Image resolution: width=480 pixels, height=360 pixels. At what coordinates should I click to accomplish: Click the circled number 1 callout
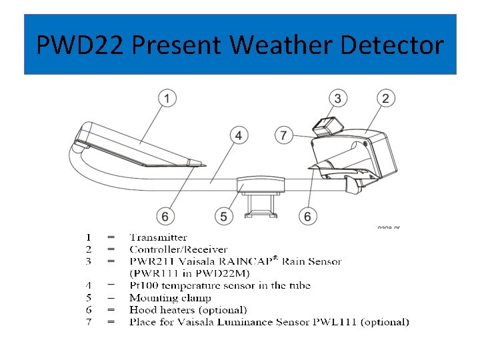coord(167,99)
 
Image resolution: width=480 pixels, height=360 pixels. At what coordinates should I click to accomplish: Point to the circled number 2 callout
coord(385,99)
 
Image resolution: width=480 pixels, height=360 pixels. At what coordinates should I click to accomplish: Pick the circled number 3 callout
coord(339,99)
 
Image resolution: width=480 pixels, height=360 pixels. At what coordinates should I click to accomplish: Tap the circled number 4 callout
coord(239,135)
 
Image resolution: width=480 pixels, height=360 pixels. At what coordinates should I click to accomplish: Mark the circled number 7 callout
coord(284,135)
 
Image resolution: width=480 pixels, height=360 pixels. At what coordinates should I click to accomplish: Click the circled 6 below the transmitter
coord(165,216)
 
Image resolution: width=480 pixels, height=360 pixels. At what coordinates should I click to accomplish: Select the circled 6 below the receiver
coord(307,216)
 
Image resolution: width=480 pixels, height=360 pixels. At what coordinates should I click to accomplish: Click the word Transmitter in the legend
coord(158,237)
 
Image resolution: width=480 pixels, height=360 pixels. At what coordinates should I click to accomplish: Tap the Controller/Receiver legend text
coord(178,249)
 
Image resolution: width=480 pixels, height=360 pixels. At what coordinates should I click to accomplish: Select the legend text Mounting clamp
coord(170,298)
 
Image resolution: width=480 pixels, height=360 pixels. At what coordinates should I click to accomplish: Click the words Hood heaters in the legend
coord(157,310)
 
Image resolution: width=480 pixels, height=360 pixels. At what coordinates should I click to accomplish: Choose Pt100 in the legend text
coord(144,285)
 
